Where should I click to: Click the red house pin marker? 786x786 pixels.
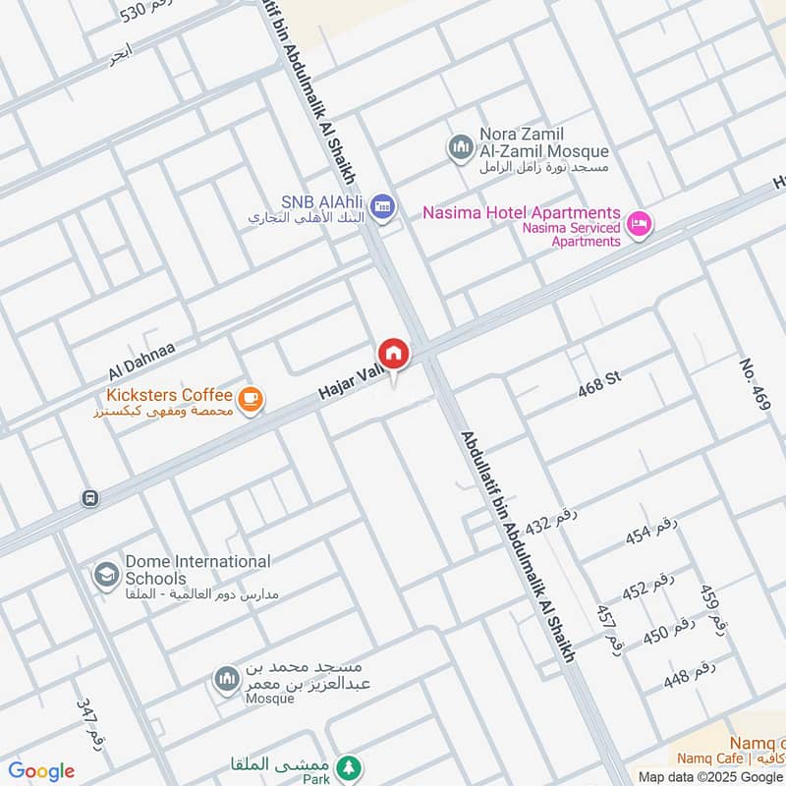pyautogui.click(x=393, y=353)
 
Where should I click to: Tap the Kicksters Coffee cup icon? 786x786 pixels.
pyautogui.click(x=251, y=398)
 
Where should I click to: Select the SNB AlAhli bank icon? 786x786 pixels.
pyautogui.click(x=384, y=204)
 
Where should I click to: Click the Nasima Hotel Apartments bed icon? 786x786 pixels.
pyautogui.click(x=640, y=225)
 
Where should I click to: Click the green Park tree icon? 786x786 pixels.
pyautogui.click(x=347, y=766)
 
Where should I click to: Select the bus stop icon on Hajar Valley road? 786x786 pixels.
pyautogui.click(x=90, y=498)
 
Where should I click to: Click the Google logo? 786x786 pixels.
pyautogui.click(x=41, y=771)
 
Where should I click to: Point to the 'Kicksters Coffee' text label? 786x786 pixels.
pyautogui.click(x=169, y=395)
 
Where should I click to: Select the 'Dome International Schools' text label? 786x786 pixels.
pyautogui.click(x=196, y=570)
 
